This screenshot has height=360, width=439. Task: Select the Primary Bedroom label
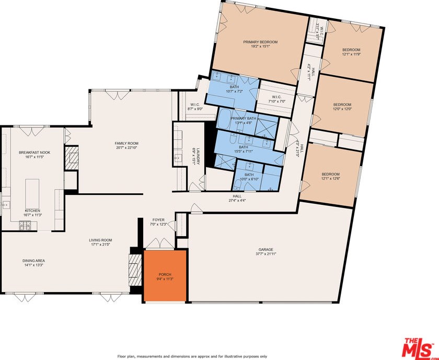tap(260, 42)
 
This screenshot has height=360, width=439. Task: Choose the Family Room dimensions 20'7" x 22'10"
tap(126, 147)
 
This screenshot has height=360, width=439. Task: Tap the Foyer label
tap(158, 220)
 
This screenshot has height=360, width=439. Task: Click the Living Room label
tap(101, 240)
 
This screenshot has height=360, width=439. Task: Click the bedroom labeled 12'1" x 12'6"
tap(330, 177)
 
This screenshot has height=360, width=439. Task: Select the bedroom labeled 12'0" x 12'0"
tap(342, 106)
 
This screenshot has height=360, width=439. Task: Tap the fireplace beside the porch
tap(135, 269)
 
